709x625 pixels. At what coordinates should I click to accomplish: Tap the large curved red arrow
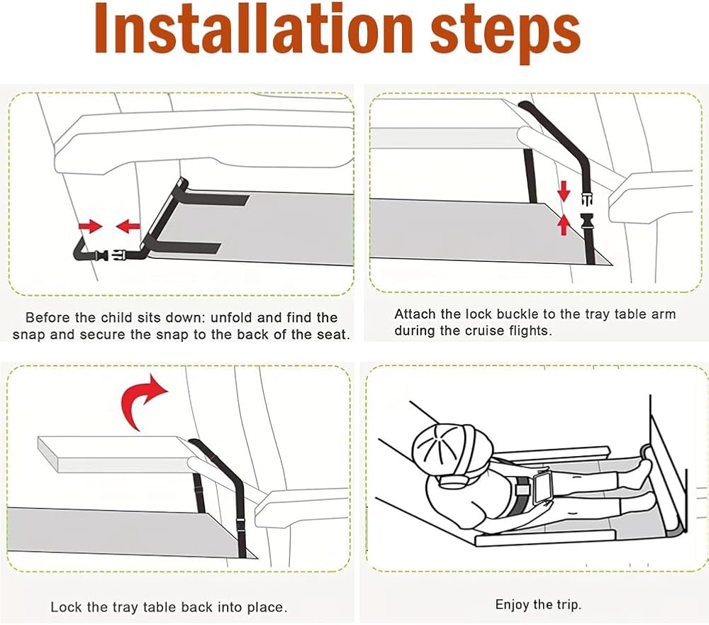pos(144,402)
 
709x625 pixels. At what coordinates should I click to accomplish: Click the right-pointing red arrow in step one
pos(91,226)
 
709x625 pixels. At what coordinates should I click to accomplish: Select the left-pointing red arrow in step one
pos(128,226)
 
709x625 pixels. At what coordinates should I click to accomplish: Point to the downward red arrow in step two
pos(564,191)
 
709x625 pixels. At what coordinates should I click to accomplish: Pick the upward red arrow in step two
pos(564,225)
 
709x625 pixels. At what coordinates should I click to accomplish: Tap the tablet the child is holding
pos(542,488)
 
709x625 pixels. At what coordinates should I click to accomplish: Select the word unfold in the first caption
pos(232,318)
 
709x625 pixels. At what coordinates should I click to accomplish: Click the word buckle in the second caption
pos(515,314)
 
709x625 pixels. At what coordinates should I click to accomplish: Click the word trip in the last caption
pos(569,605)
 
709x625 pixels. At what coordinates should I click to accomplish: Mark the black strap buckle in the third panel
pos(240,524)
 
